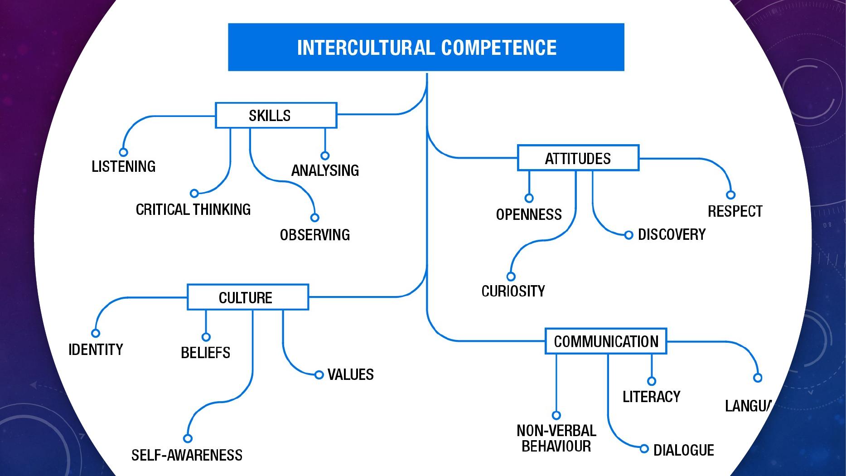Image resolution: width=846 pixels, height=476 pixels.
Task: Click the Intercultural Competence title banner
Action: pyautogui.click(x=426, y=47)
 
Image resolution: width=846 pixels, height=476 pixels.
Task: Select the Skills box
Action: pyautogui.click(x=276, y=115)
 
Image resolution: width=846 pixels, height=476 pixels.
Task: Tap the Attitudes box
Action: pyautogui.click(x=578, y=158)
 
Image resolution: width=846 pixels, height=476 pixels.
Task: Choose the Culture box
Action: pyautogui.click(x=247, y=297)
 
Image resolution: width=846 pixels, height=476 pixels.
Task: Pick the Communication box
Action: pyautogui.click(x=606, y=341)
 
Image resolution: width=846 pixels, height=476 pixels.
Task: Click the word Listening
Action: pyautogui.click(x=123, y=166)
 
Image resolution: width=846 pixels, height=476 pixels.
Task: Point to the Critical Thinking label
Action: pyautogui.click(x=193, y=209)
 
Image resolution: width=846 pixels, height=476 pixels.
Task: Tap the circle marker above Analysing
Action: pyautogui.click(x=324, y=155)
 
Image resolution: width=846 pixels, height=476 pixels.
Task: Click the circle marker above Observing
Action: pyautogui.click(x=314, y=218)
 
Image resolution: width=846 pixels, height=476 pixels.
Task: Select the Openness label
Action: pyautogui.click(x=529, y=214)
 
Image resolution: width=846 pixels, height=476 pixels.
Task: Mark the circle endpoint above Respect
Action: pyautogui.click(x=730, y=195)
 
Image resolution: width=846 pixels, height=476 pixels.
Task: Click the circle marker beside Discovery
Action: pyautogui.click(x=628, y=235)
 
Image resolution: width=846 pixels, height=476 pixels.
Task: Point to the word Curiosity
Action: pyautogui.click(x=513, y=291)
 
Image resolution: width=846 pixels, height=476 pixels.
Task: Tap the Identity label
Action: pyautogui.click(x=96, y=349)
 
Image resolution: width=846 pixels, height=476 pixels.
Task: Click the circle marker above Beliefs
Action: pyautogui.click(x=206, y=337)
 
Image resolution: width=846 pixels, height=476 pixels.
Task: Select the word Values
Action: pyautogui.click(x=350, y=374)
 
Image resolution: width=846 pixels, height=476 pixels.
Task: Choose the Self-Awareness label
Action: pyautogui.click(x=187, y=455)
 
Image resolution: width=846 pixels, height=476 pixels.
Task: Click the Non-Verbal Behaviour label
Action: pyautogui.click(x=556, y=438)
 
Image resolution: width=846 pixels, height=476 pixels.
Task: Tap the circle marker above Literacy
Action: pyautogui.click(x=652, y=381)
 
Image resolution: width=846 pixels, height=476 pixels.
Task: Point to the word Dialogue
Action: pyautogui.click(x=683, y=450)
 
